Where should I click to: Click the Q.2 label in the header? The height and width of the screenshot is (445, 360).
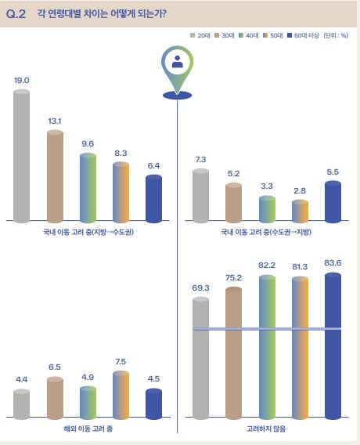16,13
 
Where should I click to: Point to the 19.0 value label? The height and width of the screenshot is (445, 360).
22,80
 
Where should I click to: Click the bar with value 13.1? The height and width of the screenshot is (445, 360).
55,175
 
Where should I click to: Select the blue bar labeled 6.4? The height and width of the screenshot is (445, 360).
153,198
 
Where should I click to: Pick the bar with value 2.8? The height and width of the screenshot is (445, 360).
301,212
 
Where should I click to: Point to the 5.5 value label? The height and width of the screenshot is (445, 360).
333,172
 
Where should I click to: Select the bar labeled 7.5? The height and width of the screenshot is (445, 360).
121,396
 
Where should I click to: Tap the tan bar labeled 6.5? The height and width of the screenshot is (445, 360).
55,399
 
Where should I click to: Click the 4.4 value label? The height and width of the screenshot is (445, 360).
22,380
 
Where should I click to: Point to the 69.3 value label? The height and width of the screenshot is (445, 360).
201,288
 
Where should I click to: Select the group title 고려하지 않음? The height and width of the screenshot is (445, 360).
267,430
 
